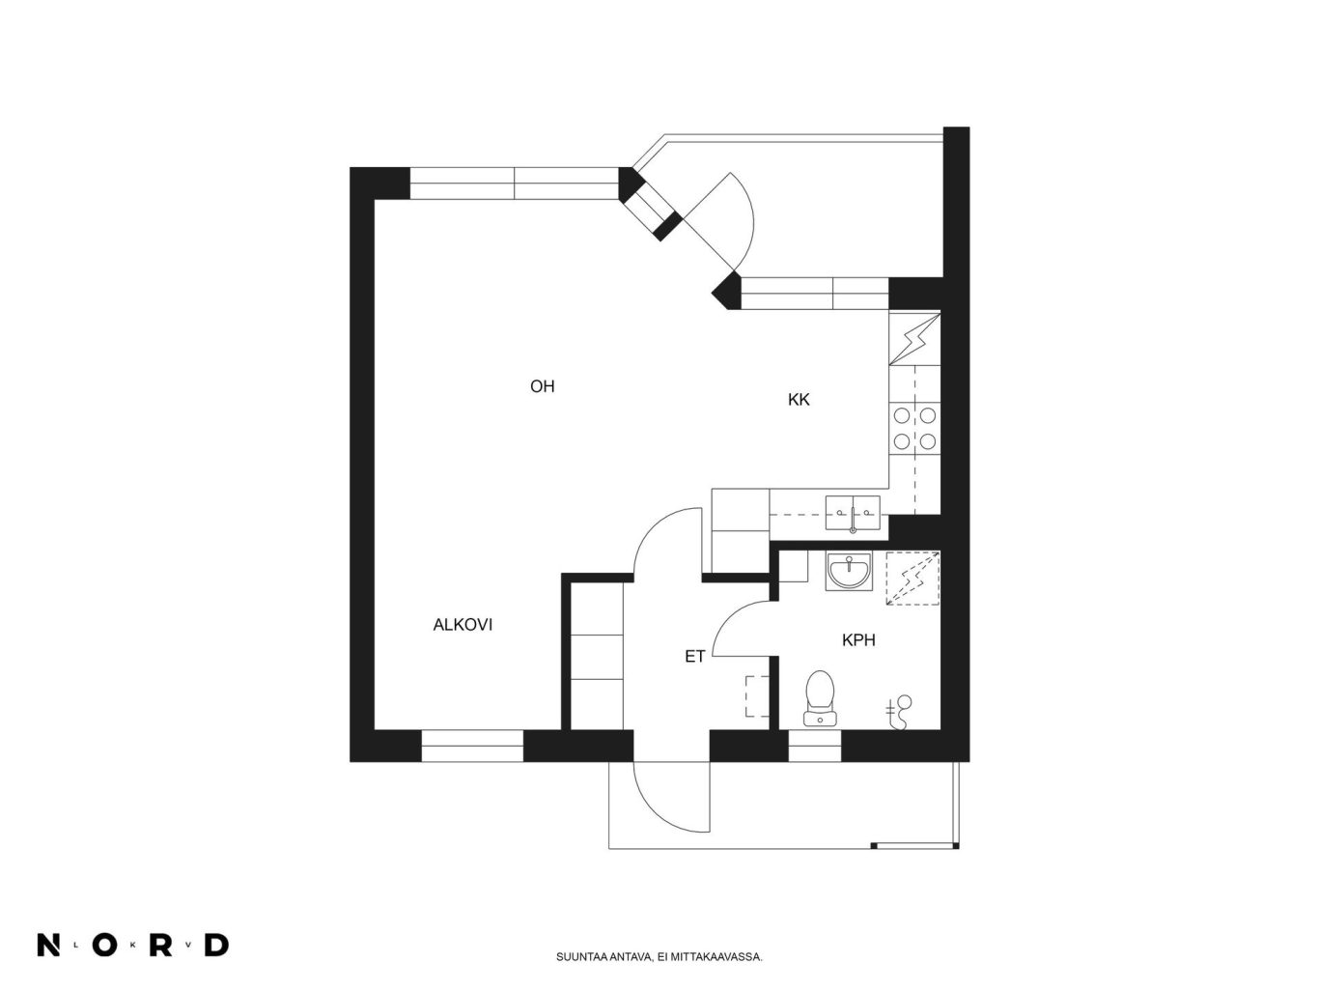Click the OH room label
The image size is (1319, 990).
(x=542, y=386)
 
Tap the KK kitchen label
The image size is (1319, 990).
(x=799, y=400)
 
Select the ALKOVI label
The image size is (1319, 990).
(x=463, y=625)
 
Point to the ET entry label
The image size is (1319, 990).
(x=694, y=657)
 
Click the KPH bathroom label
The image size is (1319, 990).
(x=858, y=640)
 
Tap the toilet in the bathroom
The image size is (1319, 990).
(x=820, y=698)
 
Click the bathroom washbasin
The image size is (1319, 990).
(x=849, y=571)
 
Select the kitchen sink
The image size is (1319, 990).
(x=852, y=513)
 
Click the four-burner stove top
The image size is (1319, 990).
(x=914, y=429)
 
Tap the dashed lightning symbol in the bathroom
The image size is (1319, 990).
(x=912, y=579)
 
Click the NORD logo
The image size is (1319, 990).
(x=133, y=946)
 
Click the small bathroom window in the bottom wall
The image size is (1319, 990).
(x=814, y=747)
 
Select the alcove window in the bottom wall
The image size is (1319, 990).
(x=472, y=747)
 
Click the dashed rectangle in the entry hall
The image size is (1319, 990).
(x=757, y=696)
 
